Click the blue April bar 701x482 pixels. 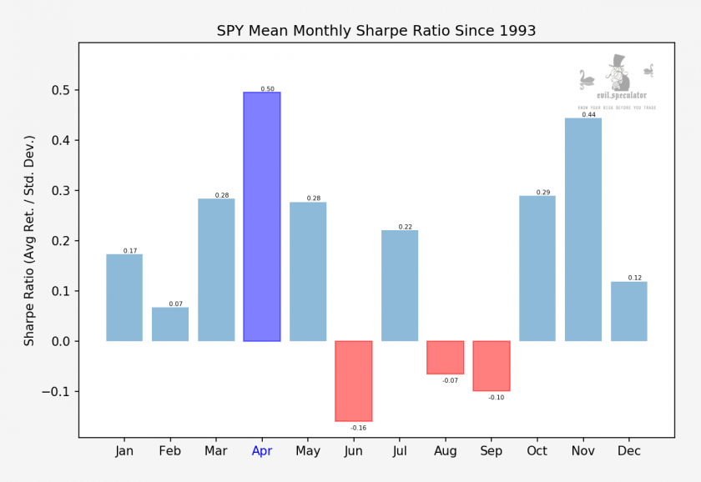coord(262,217)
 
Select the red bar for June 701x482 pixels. coord(354,381)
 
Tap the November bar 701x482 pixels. coord(583,229)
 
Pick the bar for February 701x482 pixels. coord(170,324)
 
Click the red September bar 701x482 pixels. coord(492,366)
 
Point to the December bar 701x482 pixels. coord(629,311)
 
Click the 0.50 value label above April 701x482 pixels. coord(267,88)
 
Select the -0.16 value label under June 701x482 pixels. coord(358,428)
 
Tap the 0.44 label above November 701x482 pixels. coord(588,114)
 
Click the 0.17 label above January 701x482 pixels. coord(129,250)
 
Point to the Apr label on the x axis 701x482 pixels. coord(262,451)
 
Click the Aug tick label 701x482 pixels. coord(446,451)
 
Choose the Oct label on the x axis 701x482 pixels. coord(537,451)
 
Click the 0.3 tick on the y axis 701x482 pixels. coord(62,191)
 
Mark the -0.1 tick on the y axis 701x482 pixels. coord(58,392)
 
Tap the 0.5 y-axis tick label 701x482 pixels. coord(62,90)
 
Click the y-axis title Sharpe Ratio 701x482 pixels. coord(29,241)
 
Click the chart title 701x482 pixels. coord(376,31)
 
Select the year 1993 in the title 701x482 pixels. coord(517,31)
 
